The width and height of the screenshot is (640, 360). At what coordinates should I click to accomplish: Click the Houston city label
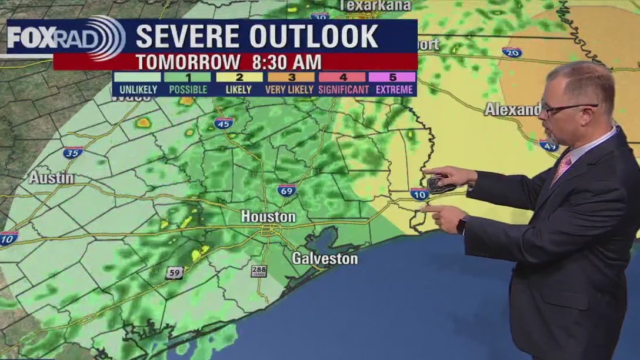click(268, 216)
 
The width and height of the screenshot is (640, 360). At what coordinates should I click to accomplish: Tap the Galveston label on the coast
click(325, 258)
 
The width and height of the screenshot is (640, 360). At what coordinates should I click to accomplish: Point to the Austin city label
click(51, 178)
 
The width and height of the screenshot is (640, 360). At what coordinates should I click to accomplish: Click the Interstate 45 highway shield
click(224, 123)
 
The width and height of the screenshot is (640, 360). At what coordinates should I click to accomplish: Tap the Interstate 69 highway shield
click(287, 190)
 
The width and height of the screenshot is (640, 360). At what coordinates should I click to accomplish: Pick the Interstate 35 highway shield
click(73, 152)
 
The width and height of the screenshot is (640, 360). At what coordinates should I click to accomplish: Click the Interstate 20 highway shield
click(512, 52)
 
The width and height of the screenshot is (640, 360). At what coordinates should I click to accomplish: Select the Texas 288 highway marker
click(259, 271)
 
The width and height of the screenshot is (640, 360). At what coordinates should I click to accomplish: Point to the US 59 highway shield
click(174, 273)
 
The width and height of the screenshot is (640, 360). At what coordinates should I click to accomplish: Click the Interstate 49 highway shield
click(549, 145)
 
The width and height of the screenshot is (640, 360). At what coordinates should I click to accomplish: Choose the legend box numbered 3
click(291, 77)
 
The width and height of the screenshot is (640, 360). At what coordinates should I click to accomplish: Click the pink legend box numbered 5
click(392, 77)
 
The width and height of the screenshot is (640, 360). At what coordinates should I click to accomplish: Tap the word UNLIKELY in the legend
click(138, 90)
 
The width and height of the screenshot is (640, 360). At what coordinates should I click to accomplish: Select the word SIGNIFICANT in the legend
click(344, 90)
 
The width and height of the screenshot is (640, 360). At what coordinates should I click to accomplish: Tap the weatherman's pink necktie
click(562, 167)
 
